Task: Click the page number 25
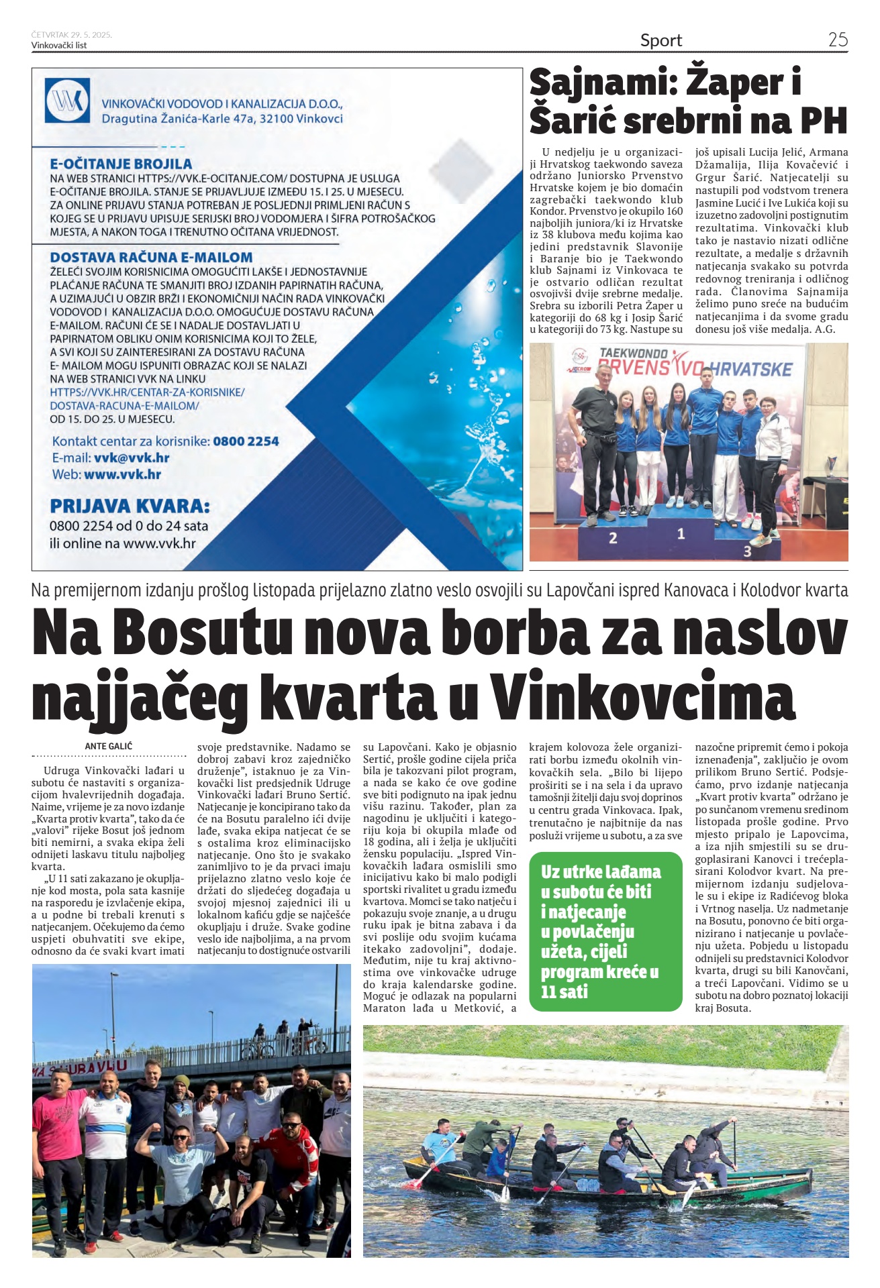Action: point(838,40)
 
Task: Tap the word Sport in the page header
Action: point(661,40)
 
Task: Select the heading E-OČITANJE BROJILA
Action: point(121,164)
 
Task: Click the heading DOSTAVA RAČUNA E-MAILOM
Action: point(151,257)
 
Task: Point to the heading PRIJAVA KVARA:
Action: point(130,505)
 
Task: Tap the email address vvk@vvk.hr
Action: point(132,458)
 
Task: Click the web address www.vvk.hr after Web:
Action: point(122,474)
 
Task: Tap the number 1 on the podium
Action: point(681,534)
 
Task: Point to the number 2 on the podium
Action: point(612,537)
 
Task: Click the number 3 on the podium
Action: point(747,551)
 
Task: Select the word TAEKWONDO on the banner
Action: point(633,353)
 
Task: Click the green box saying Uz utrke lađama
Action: point(605,931)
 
